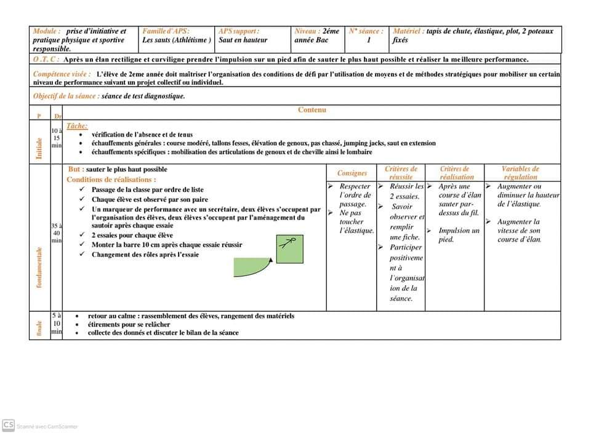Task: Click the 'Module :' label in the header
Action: (47, 31)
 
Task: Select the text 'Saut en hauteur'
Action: (243, 40)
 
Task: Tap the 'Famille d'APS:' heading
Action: (166, 31)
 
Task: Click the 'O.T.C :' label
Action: (46, 60)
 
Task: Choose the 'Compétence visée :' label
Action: (62, 74)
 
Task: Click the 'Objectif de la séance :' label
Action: (66, 96)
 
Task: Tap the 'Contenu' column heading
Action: (312, 110)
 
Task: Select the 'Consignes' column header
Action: (352, 173)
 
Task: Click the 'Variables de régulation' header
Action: (520, 173)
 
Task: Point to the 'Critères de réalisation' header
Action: (456, 173)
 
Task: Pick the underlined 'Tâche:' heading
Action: (77, 125)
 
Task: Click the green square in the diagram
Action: (289, 248)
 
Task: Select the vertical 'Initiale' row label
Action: (39, 148)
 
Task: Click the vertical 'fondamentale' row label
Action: (39, 267)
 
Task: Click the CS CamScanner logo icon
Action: (9, 425)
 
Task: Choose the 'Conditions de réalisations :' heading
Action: (111, 180)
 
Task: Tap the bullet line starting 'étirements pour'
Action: (129, 324)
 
